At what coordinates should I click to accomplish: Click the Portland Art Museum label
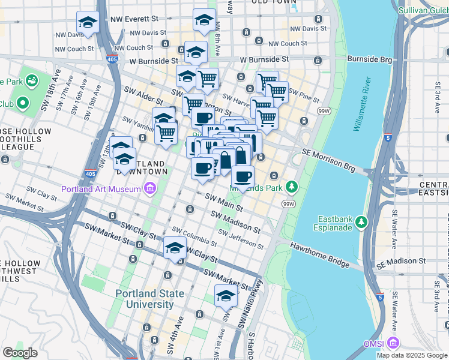pos(101,190)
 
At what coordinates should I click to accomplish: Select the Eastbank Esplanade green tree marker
pos(361,223)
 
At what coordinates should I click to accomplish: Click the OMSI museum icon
pos(393,344)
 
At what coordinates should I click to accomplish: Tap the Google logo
pos(20,353)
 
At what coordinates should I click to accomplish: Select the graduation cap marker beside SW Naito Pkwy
pos(226,296)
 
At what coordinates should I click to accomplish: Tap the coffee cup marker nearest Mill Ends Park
pos(243,176)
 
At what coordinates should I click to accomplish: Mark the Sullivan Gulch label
pos(423,10)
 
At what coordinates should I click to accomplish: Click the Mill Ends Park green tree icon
pos(292,187)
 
